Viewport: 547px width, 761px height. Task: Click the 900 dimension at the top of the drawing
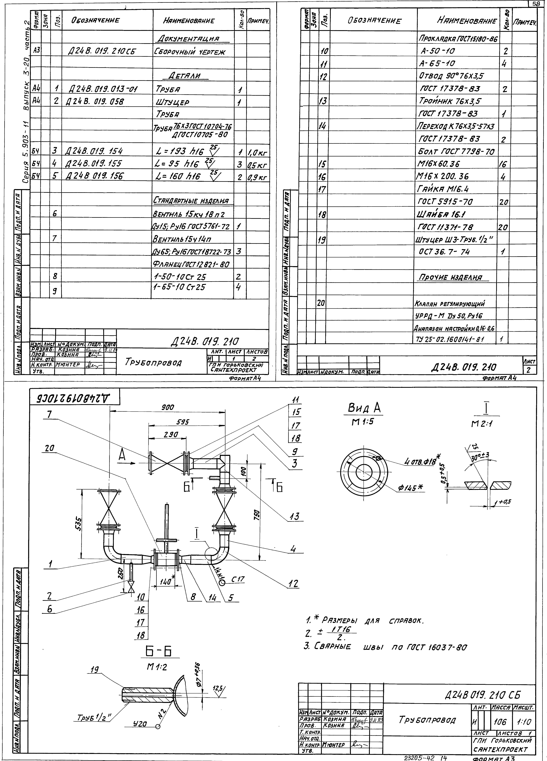pos(168,407)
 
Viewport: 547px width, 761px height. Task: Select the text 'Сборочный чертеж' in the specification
pos(190,52)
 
